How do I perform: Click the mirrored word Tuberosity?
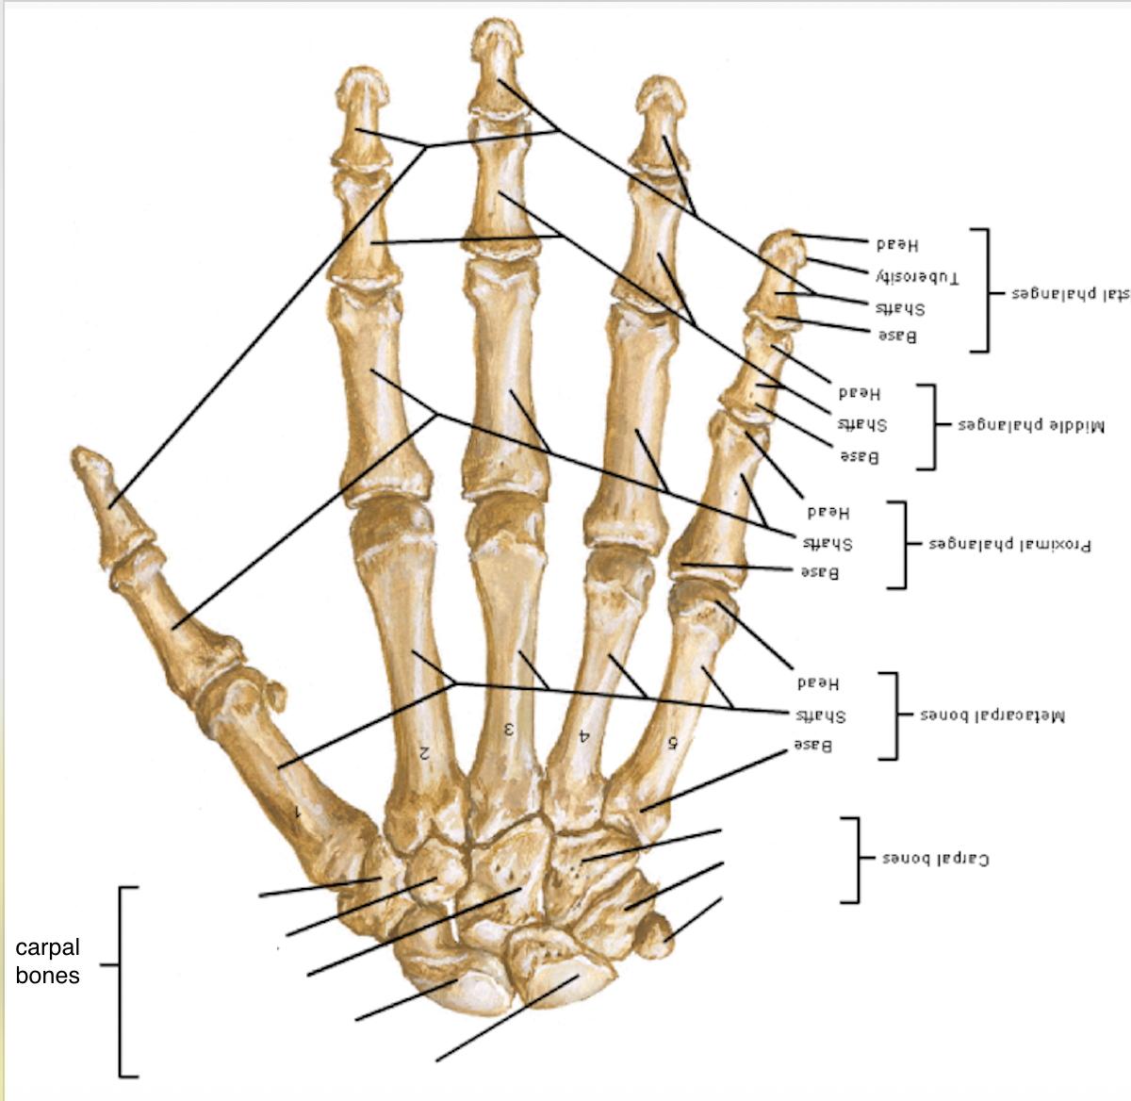917,277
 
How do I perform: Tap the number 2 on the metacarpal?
424,752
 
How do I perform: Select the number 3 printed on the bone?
508,729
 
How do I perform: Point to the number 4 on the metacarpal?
584,736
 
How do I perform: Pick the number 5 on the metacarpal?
673,742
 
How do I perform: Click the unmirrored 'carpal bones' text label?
47,961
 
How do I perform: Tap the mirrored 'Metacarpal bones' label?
992,716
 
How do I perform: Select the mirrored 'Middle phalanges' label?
1031,425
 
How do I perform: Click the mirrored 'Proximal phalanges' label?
1010,545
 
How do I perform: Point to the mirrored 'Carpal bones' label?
935,859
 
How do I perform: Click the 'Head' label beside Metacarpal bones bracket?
817,682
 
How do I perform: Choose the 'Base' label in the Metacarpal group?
812,746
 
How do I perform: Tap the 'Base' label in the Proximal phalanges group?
819,572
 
